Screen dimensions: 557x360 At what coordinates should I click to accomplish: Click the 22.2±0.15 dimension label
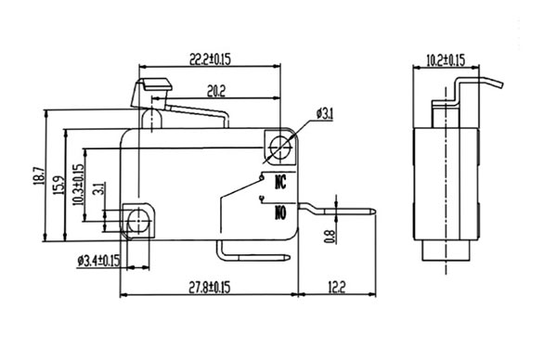210,59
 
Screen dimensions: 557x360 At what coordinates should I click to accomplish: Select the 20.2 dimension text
216,92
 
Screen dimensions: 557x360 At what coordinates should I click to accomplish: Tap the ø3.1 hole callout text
325,114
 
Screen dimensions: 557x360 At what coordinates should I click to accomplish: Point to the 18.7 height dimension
39,175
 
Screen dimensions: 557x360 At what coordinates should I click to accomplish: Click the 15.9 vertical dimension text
58,185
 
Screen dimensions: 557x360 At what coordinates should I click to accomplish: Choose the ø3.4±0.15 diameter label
98,262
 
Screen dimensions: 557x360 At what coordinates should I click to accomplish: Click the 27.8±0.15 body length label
209,287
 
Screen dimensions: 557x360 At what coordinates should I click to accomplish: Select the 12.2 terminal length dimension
336,287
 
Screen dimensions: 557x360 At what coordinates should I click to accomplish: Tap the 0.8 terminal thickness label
330,237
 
